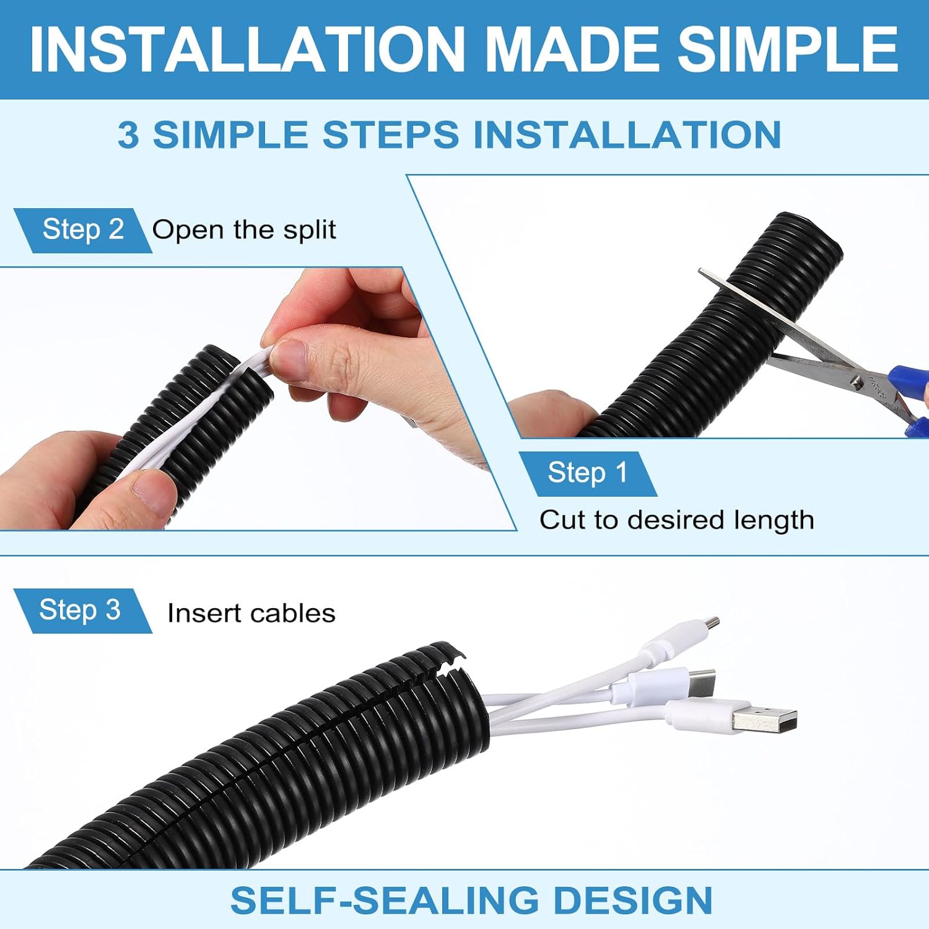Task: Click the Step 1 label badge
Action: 587,474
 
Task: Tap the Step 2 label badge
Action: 83,230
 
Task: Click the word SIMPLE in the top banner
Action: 788,49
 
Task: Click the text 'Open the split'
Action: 244,230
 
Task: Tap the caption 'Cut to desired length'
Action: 676,520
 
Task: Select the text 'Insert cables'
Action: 251,613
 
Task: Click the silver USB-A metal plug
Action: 764,718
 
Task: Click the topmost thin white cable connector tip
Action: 712,623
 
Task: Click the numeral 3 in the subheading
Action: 128,135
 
